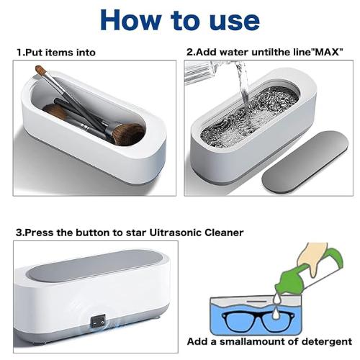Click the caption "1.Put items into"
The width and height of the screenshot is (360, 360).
55,53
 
